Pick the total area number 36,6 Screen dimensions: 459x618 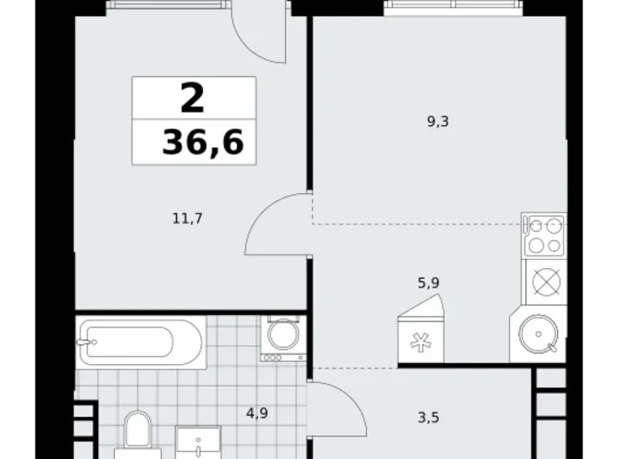(203, 144)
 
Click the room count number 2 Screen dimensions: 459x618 (193, 100)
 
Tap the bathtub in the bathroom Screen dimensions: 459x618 (140, 341)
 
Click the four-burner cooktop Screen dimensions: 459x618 (544, 235)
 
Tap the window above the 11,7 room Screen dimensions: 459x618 (166, 6)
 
